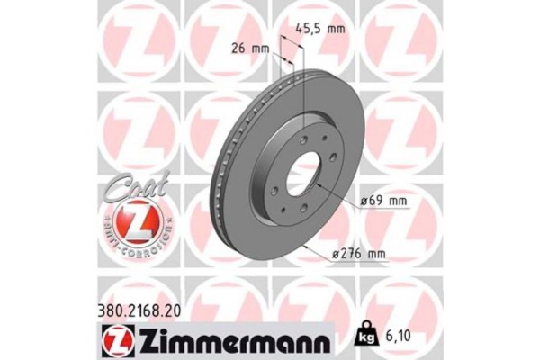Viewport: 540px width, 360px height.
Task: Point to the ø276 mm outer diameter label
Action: click(x=360, y=256)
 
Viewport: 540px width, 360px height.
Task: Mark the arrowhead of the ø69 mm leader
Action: click(x=313, y=192)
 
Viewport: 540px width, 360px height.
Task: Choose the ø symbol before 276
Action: click(x=337, y=256)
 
